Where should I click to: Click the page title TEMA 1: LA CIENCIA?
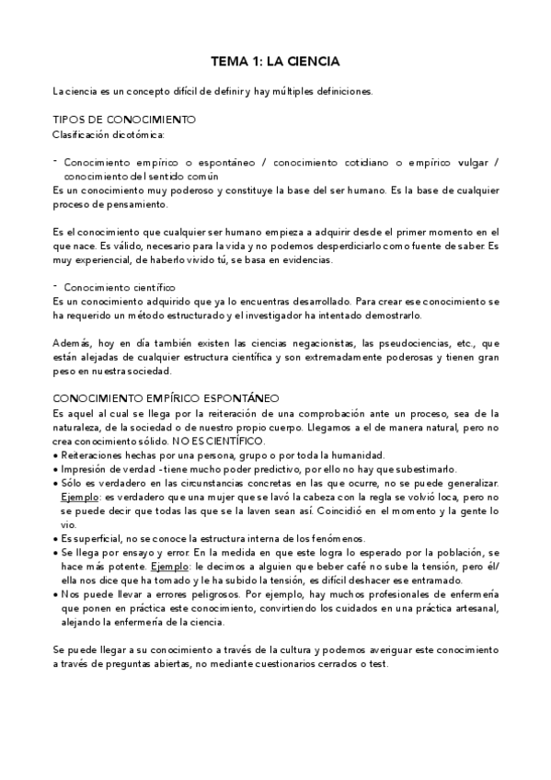tap(275, 62)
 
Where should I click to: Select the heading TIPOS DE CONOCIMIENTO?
tap(124, 120)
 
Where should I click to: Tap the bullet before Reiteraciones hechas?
tap(57, 456)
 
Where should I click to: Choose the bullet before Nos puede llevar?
tap(57, 595)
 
